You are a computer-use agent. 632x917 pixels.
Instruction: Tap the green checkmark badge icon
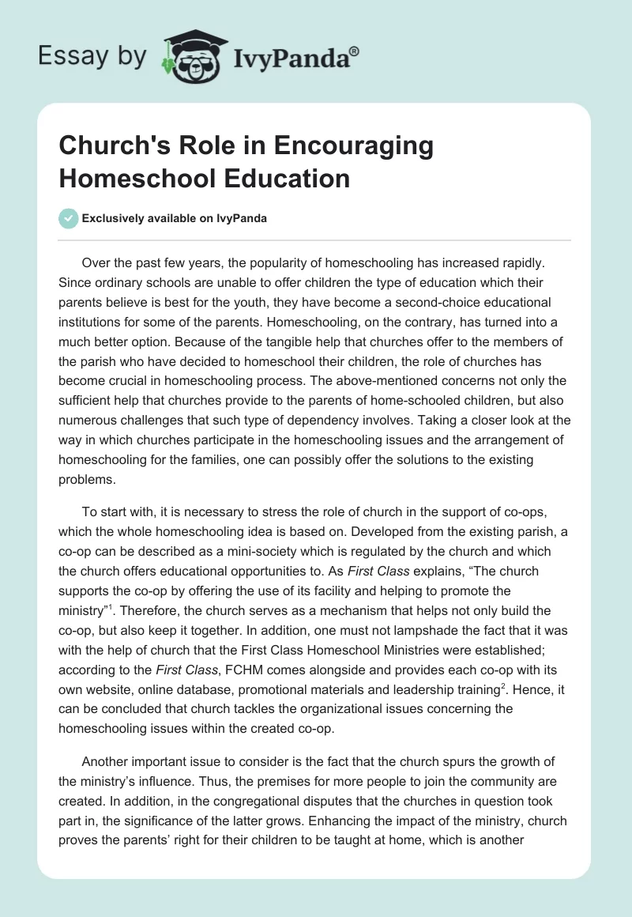69,218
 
